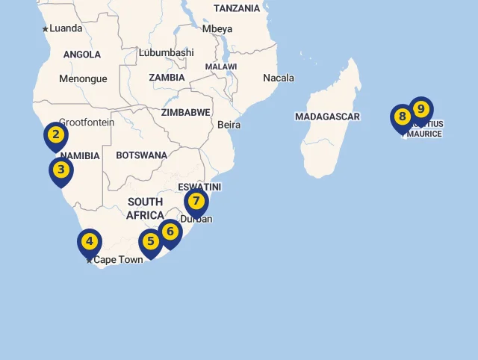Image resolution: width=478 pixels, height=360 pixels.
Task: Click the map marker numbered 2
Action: (56, 135)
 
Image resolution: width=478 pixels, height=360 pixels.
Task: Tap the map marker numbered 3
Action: (61, 170)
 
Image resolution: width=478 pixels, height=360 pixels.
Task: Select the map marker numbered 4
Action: (90, 242)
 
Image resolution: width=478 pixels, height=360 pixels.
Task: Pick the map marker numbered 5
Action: (151, 242)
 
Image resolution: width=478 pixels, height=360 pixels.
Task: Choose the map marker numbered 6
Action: (170, 232)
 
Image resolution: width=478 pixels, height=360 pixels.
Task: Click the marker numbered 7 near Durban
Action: (196, 202)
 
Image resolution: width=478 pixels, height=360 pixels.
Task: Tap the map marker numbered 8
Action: (403, 117)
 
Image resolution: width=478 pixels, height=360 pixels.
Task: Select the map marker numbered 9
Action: (421, 110)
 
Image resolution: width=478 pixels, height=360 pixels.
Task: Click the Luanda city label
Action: (66, 29)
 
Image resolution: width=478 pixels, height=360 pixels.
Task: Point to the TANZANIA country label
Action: (237, 8)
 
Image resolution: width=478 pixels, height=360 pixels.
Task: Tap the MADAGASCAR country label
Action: (327, 117)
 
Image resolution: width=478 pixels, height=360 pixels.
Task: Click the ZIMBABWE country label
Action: (186, 112)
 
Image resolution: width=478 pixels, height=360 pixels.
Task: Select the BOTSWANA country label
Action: (141, 155)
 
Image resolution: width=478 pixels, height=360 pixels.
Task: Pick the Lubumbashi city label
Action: (166, 53)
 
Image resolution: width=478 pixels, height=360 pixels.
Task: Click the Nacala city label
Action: (279, 78)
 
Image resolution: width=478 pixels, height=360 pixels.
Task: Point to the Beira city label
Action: (229, 125)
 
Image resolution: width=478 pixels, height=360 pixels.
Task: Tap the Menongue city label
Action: (83, 78)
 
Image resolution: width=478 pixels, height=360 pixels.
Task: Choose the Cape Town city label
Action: (117, 260)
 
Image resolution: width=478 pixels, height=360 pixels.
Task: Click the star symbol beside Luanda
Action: (45, 29)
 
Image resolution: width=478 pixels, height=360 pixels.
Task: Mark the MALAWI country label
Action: (221, 66)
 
